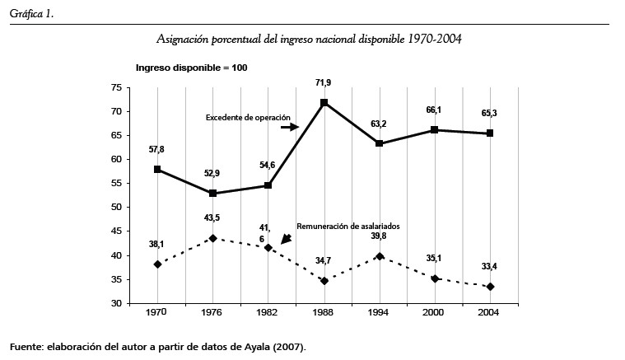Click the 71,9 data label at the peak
(x=324, y=83)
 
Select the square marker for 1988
(x=324, y=103)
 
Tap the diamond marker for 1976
(x=212, y=238)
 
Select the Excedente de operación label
(x=241, y=118)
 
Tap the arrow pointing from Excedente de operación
(x=291, y=128)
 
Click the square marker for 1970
(x=156, y=170)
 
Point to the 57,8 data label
(x=157, y=150)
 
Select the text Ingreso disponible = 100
(x=191, y=67)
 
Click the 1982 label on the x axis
(x=268, y=314)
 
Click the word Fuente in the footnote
(x=27, y=347)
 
